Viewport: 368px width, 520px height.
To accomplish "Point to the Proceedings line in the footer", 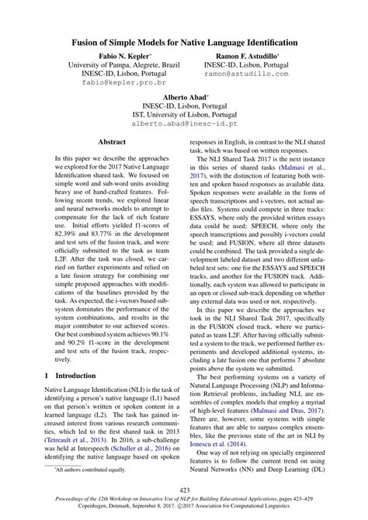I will [184, 501].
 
